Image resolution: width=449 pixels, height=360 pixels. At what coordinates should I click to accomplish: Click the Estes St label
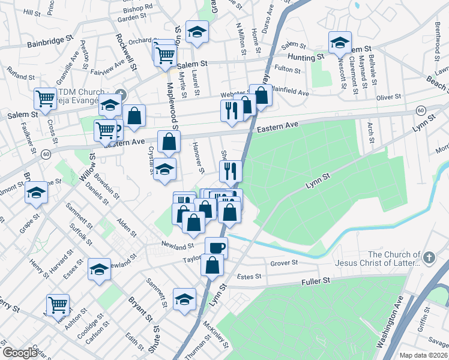tap(250, 277)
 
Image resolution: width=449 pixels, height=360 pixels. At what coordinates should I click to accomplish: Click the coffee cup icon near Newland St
tap(216, 247)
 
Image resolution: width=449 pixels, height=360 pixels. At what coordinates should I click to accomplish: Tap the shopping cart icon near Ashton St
tap(58, 304)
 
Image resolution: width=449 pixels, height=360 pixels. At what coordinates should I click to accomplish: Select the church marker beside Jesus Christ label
tap(429, 257)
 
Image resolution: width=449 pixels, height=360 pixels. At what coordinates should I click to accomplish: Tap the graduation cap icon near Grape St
tap(36, 192)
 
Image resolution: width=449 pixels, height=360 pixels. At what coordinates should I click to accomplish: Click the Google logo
tap(20, 353)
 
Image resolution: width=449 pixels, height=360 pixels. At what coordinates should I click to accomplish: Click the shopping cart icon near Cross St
tap(45, 98)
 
